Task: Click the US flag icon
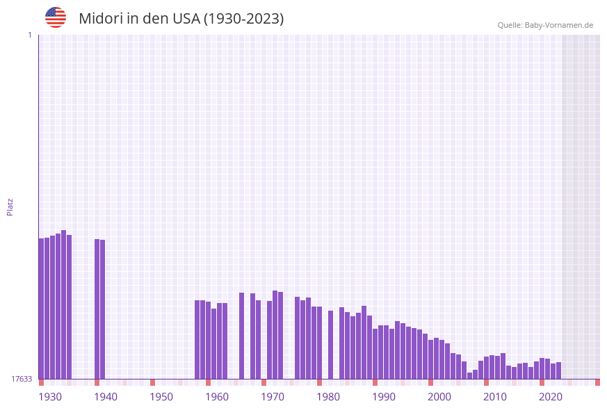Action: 56,17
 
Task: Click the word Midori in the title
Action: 99,19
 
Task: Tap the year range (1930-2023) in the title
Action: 243,19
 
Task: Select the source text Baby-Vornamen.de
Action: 559,26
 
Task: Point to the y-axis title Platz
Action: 10,206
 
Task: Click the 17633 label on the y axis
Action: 22,379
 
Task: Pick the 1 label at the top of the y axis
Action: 29,35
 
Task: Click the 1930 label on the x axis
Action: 50,397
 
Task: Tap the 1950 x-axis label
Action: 161,397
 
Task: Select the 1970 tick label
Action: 273,397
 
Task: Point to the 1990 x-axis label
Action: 384,397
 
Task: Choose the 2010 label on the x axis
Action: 495,397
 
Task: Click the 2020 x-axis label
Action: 551,397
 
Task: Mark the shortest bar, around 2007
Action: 470,375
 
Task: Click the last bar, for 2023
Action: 559,370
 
